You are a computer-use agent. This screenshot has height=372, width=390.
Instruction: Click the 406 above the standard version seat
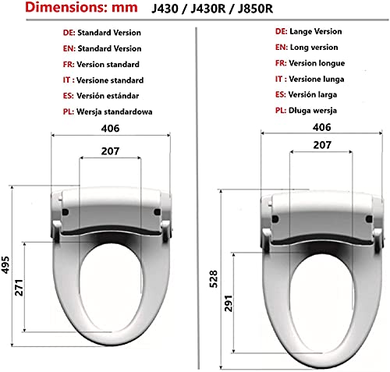click(111, 130)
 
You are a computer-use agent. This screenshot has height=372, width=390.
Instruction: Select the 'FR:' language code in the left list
click(68, 64)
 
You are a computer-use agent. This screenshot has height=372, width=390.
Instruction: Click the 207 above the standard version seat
click(111, 152)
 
